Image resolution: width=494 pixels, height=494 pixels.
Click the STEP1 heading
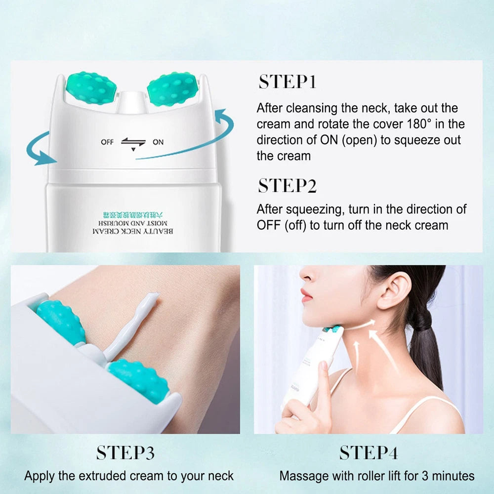[287, 82]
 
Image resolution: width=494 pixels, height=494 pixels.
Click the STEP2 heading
[287, 186]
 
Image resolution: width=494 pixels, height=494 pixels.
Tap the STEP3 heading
[125, 453]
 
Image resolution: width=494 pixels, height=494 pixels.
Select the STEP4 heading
[369, 453]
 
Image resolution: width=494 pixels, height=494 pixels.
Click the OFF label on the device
[107, 142]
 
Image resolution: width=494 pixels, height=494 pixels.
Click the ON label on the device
[158, 142]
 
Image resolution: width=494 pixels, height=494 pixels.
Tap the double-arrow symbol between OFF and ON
[133, 143]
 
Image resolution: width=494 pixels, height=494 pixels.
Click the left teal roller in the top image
[91, 88]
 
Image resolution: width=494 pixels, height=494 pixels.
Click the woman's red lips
[306, 295]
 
